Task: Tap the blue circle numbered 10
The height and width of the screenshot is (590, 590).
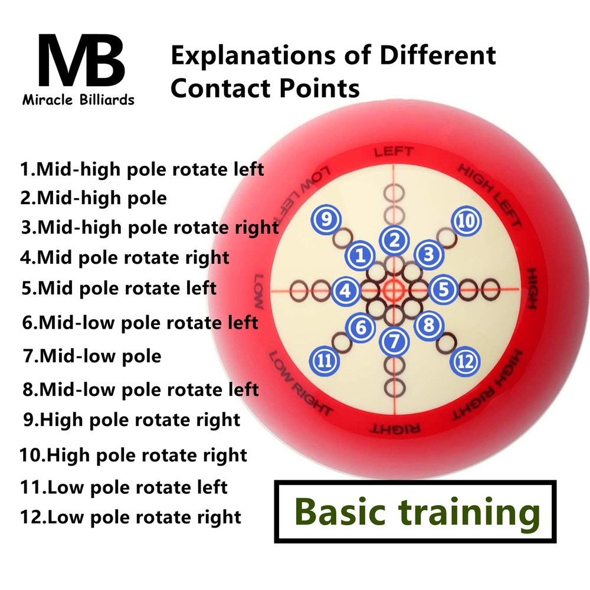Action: click(x=466, y=221)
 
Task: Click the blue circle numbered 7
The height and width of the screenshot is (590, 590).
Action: click(x=395, y=340)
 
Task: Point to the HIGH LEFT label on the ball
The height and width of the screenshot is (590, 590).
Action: click(x=490, y=195)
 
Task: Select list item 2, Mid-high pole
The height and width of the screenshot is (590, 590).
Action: click(x=94, y=198)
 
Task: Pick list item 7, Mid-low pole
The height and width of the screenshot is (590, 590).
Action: click(x=91, y=356)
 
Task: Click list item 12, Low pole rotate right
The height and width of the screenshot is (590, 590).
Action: click(x=130, y=517)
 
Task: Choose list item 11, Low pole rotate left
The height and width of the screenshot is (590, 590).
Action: click(x=124, y=487)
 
